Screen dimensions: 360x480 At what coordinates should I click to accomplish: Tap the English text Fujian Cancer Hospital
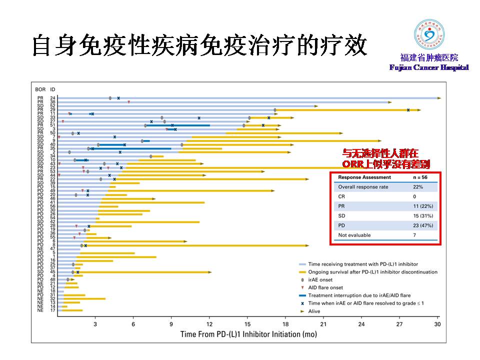429,67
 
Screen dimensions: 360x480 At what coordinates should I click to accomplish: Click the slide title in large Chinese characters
199,45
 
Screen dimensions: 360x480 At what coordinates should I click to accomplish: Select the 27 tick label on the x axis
399,324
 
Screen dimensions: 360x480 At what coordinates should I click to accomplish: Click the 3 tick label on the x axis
95,324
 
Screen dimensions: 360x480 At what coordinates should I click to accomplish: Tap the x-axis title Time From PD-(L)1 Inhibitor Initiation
248,334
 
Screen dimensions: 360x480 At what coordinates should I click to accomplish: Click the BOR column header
40,89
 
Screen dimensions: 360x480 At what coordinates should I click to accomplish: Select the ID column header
52,89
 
